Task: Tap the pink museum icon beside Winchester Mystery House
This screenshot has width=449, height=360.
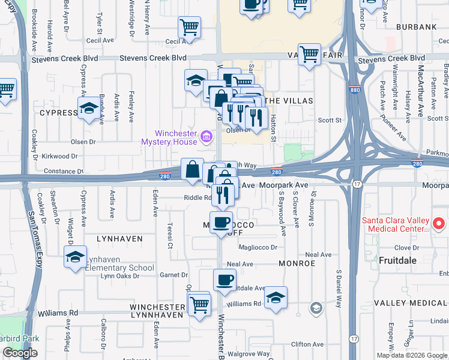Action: [x=207, y=137]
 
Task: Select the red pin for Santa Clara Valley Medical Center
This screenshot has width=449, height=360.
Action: [x=438, y=224]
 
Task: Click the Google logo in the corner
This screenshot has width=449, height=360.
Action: [x=20, y=353]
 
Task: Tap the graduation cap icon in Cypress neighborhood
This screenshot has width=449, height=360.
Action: [x=89, y=109]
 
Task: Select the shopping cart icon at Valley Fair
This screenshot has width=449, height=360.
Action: [x=309, y=55]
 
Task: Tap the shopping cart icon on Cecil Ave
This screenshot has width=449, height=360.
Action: [x=189, y=27]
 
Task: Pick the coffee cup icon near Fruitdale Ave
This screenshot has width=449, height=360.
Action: [x=225, y=280]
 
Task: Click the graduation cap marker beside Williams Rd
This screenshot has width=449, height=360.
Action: [x=276, y=298]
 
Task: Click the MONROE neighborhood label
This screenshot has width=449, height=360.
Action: [x=297, y=263]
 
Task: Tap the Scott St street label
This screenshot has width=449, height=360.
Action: [x=329, y=120]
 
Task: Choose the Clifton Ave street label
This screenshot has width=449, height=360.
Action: [x=307, y=344]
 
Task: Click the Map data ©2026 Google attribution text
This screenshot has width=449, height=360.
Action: [x=412, y=355]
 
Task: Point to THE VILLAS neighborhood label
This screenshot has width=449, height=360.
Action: [x=285, y=100]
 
